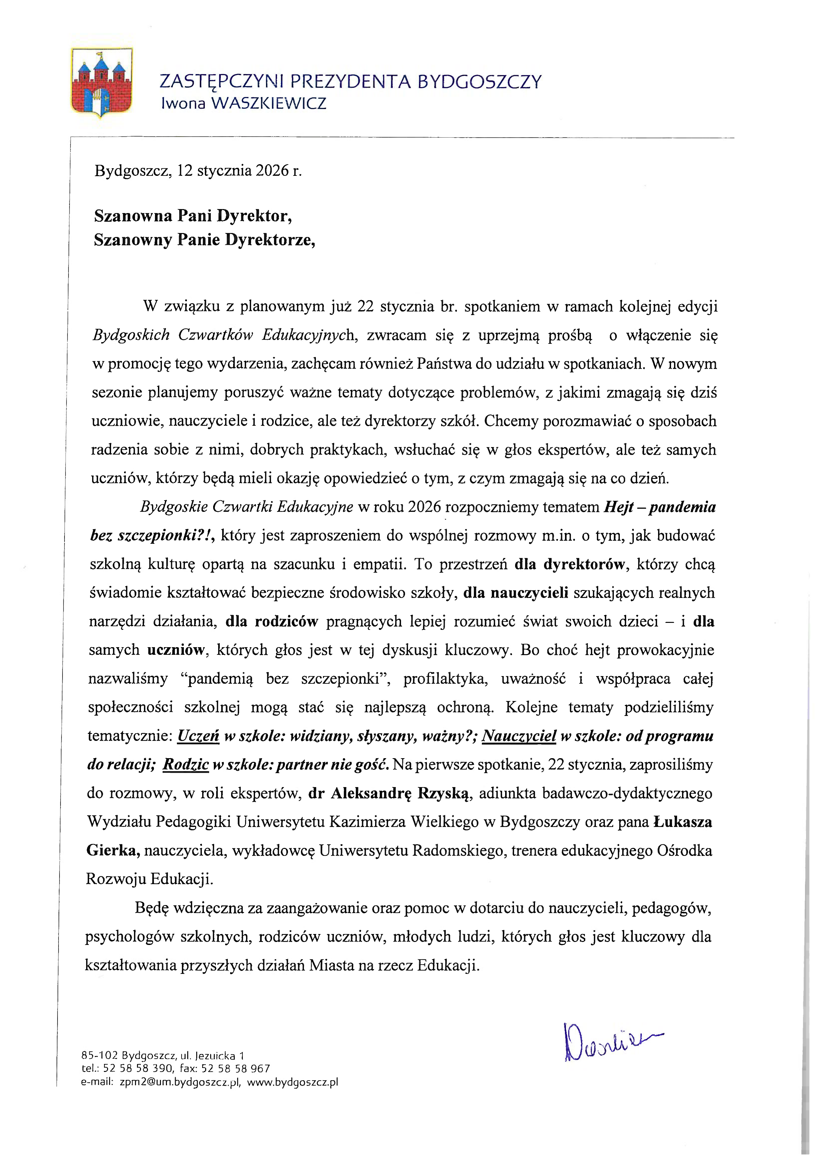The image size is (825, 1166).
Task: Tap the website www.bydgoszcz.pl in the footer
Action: [293, 1082]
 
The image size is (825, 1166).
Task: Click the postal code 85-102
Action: [99, 1055]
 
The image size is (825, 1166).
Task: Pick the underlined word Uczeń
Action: [198, 736]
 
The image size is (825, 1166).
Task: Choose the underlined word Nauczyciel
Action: [519, 736]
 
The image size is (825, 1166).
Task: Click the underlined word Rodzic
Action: [186, 765]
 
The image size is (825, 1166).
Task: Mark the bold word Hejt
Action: [617, 507]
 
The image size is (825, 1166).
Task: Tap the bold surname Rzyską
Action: [445, 793]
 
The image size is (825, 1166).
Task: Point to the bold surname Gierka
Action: [113, 851]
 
